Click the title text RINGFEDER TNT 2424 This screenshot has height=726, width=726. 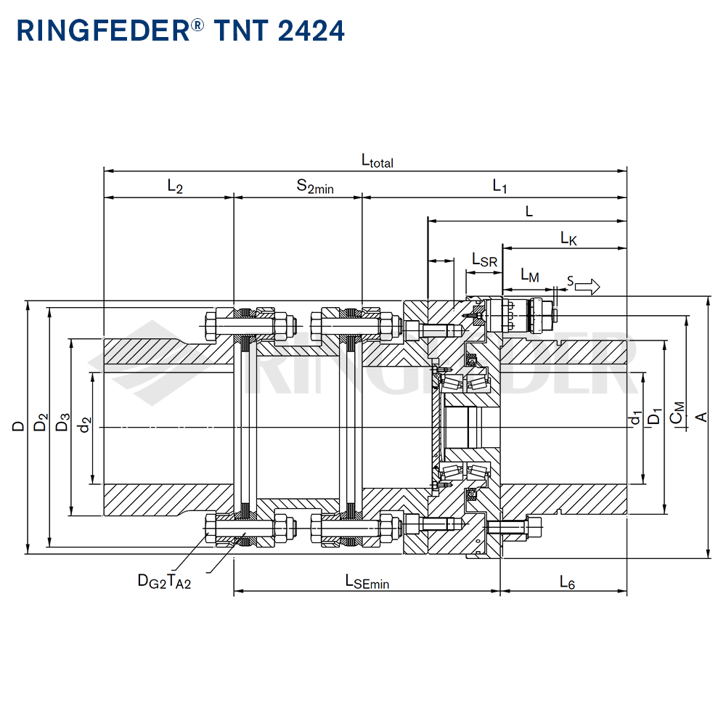point(180,31)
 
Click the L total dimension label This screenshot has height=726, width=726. point(377,161)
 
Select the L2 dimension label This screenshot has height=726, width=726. point(175,187)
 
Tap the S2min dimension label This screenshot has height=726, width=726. point(314,187)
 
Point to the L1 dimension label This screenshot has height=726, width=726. point(499,187)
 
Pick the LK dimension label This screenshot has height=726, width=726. point(568,238)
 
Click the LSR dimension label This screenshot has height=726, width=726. point(484,260)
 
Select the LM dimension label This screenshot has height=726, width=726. point(530,276)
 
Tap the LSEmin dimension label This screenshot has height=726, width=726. point(367,582)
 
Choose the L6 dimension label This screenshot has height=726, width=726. point(567,582)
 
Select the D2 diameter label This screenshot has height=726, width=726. point(41,423)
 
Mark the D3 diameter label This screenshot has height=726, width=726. point(62,423)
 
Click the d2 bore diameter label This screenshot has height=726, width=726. point(85,425)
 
